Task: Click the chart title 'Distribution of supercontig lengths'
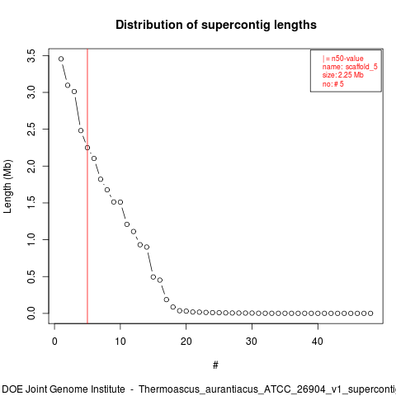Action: [216, 25]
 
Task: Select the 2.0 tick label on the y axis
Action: [31, 166]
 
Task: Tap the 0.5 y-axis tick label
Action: [31, 276]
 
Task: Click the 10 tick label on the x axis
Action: [120, 342]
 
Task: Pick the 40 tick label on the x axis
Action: [318, 342]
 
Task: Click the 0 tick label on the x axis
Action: [54, 342]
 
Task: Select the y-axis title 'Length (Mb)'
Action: [7, 186]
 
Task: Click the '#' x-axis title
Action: [215, 365]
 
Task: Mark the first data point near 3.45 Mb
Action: [61, 59]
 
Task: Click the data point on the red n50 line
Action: [87, 148]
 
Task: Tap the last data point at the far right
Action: [370, 313]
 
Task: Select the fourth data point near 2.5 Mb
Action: [81, 130]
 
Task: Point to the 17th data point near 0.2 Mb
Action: [167, 299]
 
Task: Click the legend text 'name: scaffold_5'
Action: [350, 67]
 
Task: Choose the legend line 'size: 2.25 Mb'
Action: [343, 75]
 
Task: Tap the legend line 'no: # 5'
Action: [333, 84]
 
